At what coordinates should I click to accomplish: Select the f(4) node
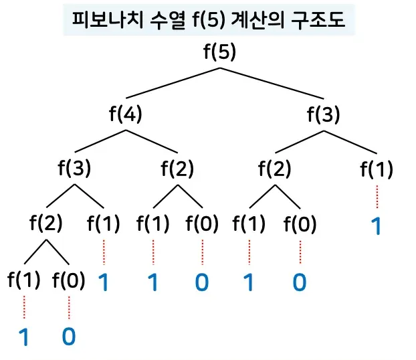(x=125, y=113)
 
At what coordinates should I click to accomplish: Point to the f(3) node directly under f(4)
(x=74, y=169)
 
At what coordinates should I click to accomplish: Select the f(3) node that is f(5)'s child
(x=323, y=113)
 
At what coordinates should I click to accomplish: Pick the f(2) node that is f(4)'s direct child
(x=177, y=169)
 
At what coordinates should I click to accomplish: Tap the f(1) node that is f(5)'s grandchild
(x=377, y=169)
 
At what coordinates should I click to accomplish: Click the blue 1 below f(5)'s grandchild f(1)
(x=377, y=227)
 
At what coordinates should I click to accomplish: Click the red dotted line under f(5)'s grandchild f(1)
(x=377, y=197)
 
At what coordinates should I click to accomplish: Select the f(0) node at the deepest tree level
(x=69, y=280)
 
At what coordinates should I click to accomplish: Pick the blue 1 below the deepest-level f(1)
(x=25, y=337)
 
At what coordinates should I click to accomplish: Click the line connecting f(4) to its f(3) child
(x=99, y=141)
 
